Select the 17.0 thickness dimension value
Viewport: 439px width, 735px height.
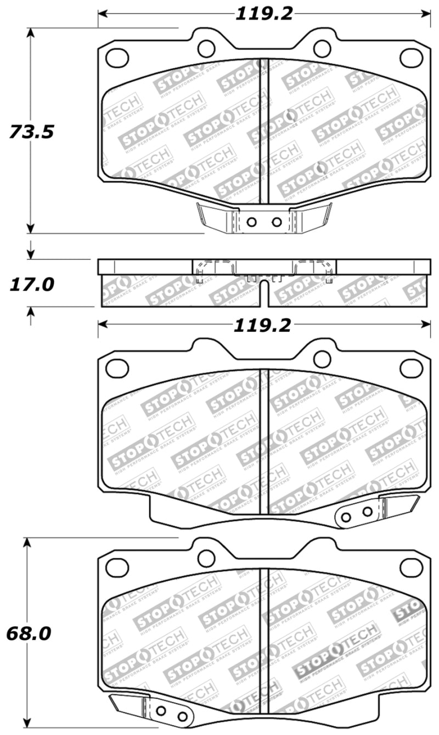(x=31, y=285)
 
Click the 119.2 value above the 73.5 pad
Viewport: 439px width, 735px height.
(x=264, y=14)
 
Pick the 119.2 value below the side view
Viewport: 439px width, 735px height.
(x=262, y=326)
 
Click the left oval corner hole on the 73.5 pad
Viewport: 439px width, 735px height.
(x=117, y=58)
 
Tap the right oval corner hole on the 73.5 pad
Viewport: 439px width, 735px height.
(x=411, y=58)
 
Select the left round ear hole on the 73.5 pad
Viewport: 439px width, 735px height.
(x=206, y=48)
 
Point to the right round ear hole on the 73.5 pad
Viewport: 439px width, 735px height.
(x=322, y=48)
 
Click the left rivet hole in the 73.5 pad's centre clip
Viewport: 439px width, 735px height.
(x=251, y=222)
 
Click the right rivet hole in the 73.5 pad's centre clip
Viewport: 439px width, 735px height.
(x=277, y=222)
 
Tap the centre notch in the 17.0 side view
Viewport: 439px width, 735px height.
(x=264, y=286)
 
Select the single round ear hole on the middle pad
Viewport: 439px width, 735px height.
(x=322, y=359)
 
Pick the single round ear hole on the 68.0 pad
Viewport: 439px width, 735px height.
(x=206, y=558)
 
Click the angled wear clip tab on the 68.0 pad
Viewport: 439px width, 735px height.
(x=126, y=704)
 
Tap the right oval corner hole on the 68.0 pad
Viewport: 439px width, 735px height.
(x=411, y=567)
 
